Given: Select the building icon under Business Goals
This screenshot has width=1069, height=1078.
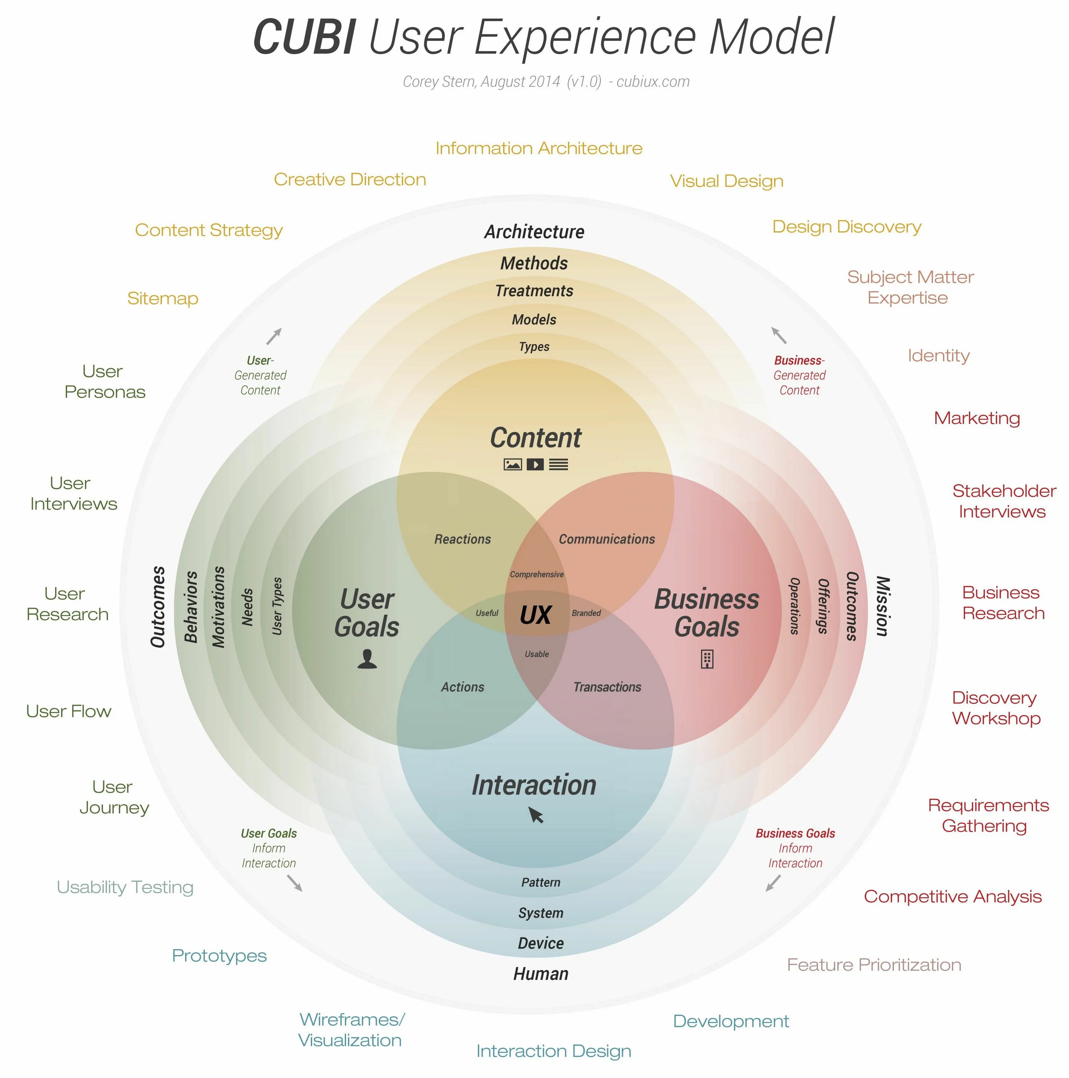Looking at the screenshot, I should coord(706,659).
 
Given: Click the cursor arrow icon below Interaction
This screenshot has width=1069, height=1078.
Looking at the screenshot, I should coord(536,815).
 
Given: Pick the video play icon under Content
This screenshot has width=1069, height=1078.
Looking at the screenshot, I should coord(535,464).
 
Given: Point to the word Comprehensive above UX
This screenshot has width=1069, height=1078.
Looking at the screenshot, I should coord(536,574).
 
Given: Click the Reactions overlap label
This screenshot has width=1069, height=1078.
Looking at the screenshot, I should coord(462,539).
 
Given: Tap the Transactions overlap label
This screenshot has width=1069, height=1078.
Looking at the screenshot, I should coord(607,687).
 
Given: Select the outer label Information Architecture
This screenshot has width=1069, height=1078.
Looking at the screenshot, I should coord(538,148).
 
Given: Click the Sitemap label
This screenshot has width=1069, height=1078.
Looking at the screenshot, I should coord(162,299).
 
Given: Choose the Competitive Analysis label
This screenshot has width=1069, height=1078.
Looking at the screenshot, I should coord(952,897).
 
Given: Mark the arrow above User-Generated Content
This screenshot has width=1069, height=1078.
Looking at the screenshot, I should coord(274,336).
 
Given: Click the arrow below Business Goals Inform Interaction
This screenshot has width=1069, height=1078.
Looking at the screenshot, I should coord(773,883).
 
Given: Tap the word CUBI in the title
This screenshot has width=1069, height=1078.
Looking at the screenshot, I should coord(304,37).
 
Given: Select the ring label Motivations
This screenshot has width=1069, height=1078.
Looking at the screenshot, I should coord(218,607).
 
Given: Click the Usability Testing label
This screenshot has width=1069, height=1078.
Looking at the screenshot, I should coord(125,887).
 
